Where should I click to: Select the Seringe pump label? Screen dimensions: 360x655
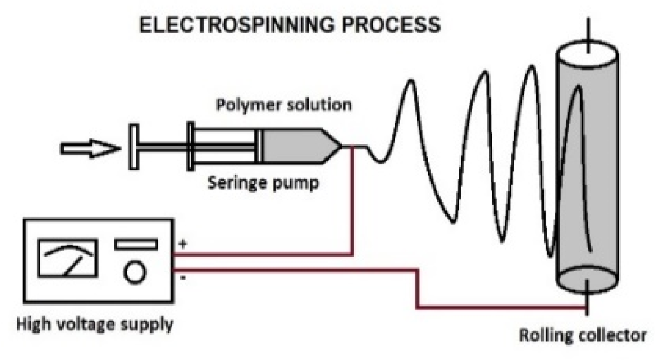point(263,184)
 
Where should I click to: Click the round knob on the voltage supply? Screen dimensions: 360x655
point(134,272)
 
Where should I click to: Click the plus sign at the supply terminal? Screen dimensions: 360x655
point(183,245)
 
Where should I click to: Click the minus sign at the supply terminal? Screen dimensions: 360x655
point(183,279)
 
